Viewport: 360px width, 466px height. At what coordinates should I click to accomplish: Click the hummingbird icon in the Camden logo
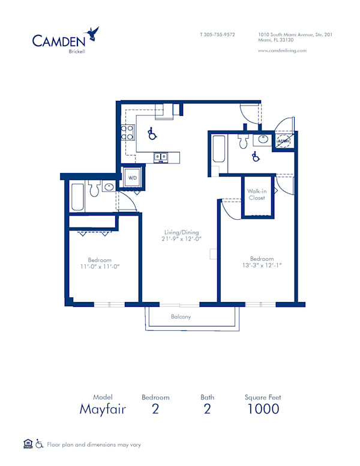point(92,33)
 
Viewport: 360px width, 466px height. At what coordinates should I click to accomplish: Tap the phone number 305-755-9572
point(218,35)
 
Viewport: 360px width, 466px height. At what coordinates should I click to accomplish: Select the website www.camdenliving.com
point(282,50)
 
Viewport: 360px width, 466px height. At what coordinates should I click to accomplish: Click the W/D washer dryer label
point(131,177)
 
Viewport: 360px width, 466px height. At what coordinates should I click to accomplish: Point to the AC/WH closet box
point(283,142)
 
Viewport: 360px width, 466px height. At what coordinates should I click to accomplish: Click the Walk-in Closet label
point(256,194)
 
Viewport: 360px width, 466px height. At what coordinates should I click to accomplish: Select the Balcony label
point(181,316)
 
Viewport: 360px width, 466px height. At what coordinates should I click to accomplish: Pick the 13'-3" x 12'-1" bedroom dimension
point(262,265)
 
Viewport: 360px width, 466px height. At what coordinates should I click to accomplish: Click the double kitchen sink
point(160,157)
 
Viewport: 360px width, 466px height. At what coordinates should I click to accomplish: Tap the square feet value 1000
point(263,409)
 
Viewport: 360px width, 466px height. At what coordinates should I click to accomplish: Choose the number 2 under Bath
point(208,409)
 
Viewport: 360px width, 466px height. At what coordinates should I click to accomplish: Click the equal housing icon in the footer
point(27,444)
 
